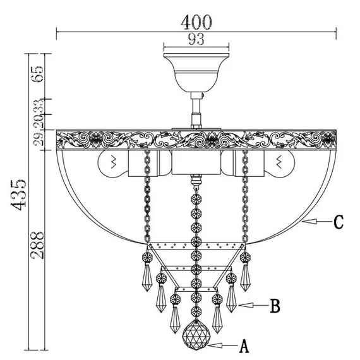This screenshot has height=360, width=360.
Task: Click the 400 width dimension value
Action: click(x=196, y=22)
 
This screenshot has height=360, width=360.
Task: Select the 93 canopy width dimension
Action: click(x=196, y=39)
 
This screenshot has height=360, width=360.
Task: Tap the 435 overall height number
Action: click(x=18, y=195)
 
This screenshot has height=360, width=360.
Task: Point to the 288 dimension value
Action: click(x=37, y=245)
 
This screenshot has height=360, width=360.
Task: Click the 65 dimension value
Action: click(x=37, y=74)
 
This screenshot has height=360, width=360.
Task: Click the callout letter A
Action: click(x=244, y=346)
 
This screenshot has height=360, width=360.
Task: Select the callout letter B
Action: click(x=275, y=306)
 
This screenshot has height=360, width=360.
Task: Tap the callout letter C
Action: click(x=339, y=222)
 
